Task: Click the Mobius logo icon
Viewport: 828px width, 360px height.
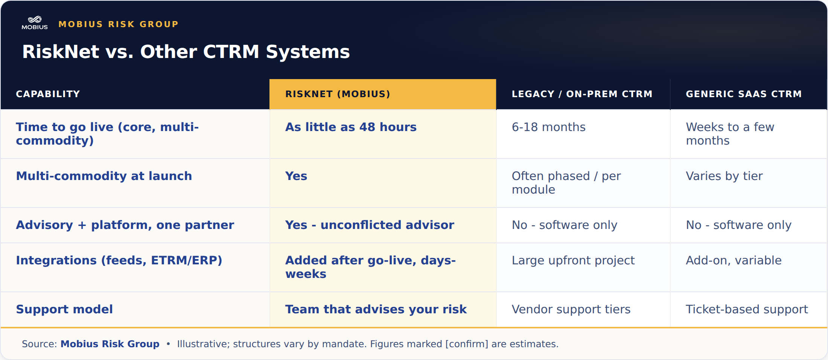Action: tap(35, 23)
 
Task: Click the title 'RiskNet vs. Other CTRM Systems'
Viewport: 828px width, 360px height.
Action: tap(186, 52)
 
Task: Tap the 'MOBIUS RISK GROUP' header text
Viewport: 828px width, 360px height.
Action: tap(119, 24)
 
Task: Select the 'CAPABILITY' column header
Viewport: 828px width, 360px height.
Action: tap(48, 94)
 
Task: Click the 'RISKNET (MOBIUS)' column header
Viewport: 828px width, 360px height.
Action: tap(338, 94)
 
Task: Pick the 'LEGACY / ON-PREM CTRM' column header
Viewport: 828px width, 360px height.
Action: tap(582, 94)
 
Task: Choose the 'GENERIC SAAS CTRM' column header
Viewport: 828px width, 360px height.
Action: tap(744, 94)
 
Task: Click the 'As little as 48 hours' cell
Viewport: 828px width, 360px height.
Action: tap(351, 127)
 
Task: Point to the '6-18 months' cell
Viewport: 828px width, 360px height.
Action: tap(548, 127)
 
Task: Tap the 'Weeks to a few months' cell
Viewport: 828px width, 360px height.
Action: tap(730, 134)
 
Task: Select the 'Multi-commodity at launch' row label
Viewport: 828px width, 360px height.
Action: tap(104, 176)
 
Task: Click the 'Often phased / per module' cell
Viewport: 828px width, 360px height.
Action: tap(566, 183)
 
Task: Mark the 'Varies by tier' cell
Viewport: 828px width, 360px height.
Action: tap(724, 176)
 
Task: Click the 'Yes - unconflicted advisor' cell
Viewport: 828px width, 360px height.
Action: tap(370, 225)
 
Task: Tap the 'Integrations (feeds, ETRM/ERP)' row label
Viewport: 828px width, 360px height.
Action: tap(119, 260)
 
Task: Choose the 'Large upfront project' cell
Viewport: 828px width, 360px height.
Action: tap(573, 260)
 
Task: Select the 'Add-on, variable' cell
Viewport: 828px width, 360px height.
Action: tap(734, 260)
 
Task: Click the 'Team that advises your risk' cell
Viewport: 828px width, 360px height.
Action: tap(376, 309)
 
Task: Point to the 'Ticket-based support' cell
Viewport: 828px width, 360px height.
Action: tap(747, 309)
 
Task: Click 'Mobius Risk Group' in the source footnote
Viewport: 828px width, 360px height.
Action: tap(110, 344)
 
